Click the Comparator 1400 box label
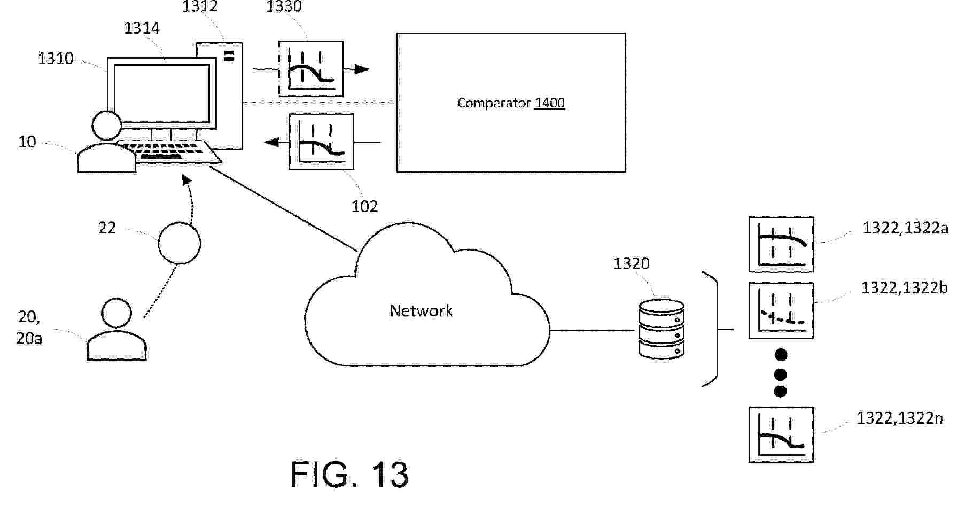(511, 103)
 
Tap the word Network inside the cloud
(421, 310)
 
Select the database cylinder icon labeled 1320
(662, 329)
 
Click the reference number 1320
(631, 263)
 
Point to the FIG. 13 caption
(349, 474)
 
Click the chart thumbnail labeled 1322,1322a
(781, 245)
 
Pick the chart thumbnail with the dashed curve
(781, 311)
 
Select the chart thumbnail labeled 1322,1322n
(781, 434)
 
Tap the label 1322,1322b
(904, 288)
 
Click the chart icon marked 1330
(310, 69)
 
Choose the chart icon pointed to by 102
(321, 142)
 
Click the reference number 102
(364, 206)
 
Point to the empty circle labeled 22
(180, 243)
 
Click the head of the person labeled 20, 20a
(116, 313)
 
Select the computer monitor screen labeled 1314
(161, 93)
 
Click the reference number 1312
(200, 6)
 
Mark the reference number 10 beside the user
(27, 142)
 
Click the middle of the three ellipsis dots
(780, 373)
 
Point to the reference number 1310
(56, 58)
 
